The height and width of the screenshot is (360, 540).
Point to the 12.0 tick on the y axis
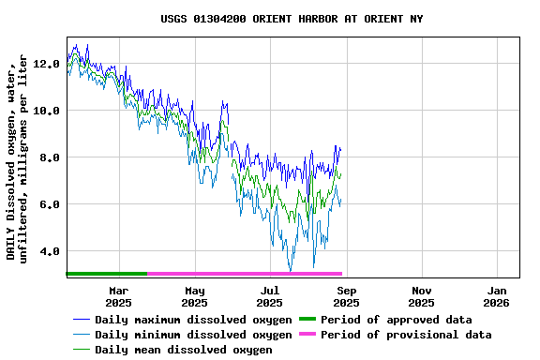tap(46, 64)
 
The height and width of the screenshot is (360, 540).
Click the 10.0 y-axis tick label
tap(46, 111)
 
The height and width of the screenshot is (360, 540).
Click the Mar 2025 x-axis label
tap(118, 296)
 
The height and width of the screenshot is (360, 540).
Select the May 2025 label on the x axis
tap(194, 296)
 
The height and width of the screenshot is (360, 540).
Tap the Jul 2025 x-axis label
tap(269, 296)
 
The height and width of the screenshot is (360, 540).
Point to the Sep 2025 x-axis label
tap(346, 296)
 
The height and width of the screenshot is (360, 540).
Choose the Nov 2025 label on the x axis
tap(422, 296)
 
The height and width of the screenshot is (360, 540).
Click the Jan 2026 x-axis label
tap(497, 296)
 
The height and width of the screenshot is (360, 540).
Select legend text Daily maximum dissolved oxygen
tap(193, 320)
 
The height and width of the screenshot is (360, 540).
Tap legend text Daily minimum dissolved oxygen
tap(193, 335)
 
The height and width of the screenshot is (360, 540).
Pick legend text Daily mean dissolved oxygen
tap(183, 350)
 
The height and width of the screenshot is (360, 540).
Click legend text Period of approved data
tap(396, 320)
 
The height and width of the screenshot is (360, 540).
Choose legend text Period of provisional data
tap(405, 335)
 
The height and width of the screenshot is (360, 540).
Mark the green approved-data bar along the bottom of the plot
tap(106, 274)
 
